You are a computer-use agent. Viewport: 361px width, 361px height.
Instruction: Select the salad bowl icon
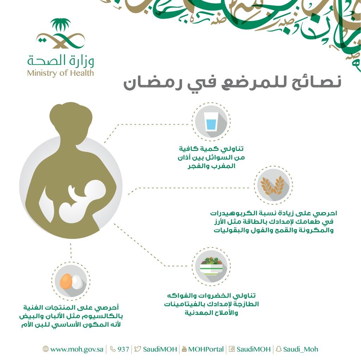[212, 266]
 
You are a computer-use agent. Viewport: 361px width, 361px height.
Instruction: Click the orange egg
[66, 281]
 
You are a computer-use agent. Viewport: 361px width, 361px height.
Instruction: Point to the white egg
[77, 282]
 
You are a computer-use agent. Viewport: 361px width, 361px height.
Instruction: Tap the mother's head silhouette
[71, 120]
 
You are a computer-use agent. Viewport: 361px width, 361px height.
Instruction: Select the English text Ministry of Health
[61, 73]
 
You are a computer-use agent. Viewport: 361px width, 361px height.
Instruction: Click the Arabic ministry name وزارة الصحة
[61, 60]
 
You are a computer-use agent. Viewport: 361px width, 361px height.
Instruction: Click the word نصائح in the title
[317, 82]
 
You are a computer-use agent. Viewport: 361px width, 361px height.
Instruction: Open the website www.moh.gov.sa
[77, 349]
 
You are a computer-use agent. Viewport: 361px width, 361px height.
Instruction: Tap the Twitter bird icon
[137, 349]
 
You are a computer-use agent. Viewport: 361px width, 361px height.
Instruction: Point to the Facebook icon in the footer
[232, 349]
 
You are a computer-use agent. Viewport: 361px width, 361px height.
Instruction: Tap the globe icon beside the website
[45, 349]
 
